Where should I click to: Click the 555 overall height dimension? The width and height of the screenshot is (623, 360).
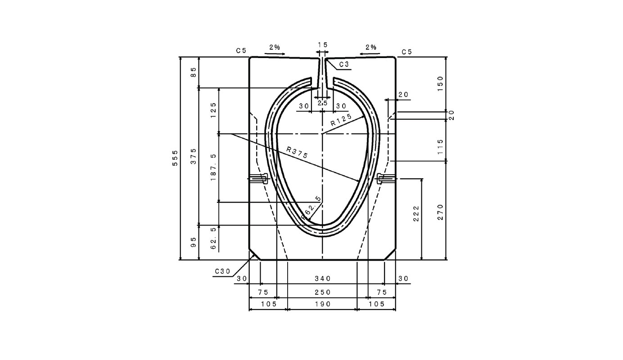[175, 158]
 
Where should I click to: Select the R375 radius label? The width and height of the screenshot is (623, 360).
[297, 153]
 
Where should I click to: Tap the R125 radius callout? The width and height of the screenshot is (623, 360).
[341, 120]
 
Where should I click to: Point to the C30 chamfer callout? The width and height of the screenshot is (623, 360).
[222, 271]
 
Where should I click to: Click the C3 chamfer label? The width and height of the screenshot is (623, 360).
[344, 64]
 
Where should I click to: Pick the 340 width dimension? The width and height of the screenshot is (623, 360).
[323, 279]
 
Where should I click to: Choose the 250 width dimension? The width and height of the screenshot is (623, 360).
[323, 292]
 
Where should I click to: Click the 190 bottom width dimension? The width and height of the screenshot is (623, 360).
[323, 304]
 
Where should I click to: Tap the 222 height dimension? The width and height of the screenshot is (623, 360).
[416, 213]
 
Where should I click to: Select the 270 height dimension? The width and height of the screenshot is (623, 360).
[440, 212]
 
